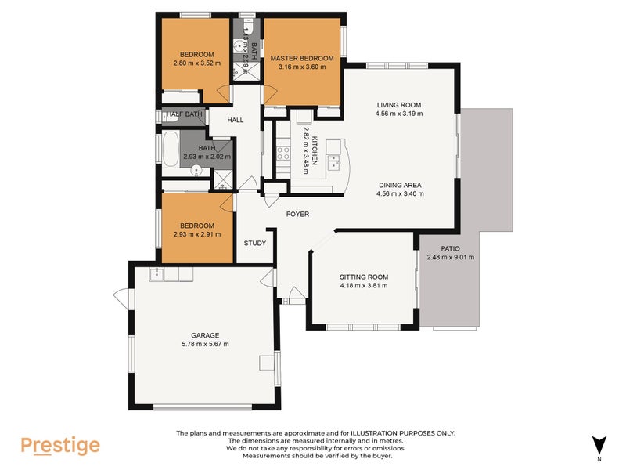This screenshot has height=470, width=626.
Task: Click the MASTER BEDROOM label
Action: tap(302, 59)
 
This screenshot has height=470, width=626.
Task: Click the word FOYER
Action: tap(297, 214)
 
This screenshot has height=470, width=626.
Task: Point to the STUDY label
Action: tap(254, 243)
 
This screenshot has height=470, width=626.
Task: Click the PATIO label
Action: tap(449, 248)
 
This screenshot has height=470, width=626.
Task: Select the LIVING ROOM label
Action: tap(399, 105)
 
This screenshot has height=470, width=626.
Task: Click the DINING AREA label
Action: tap(399, 186)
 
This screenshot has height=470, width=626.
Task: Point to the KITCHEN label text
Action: tap(314, 149)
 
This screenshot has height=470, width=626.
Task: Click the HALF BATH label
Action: tap(185, 114)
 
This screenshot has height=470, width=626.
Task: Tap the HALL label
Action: tap(236, 121)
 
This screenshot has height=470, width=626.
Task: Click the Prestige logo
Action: tap(60, 445)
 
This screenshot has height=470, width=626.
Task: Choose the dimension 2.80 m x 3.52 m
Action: tap(196, 63)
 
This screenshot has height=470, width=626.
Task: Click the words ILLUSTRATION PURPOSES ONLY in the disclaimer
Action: tap(407, 433)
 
